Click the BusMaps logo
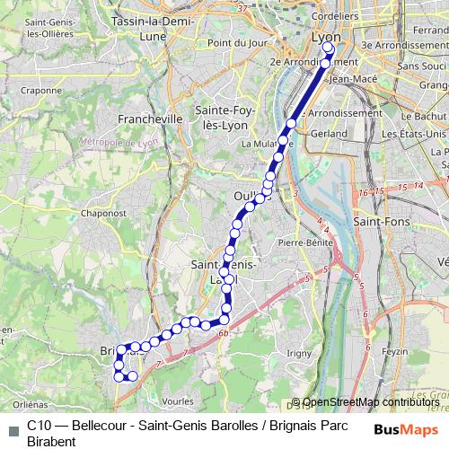coord(406,428)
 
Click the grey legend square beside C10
coord(13,428)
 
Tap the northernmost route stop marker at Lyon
coord(327,49)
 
